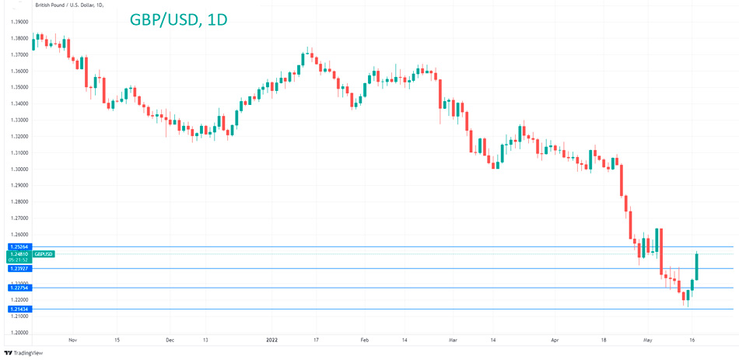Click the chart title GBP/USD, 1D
coord(178,19)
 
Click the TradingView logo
coord(23,353)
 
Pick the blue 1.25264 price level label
coord(19,246)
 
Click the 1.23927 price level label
coord(19,268)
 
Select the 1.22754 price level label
coord(19,288)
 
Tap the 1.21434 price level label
coord(19,309)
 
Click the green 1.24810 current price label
coord(19,254)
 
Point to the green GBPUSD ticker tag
coord(44,254)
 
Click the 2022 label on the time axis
coord(272,340)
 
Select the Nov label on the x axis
coord(72,340)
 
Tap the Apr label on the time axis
coord(555,340)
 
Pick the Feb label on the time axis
coord(364,340)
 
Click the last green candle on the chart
coord(697,266)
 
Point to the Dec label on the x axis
coord(170,340)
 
